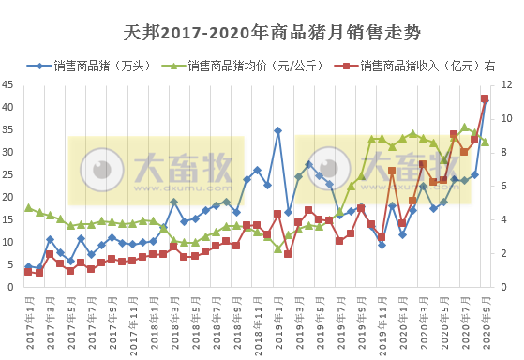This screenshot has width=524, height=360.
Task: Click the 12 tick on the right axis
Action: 507,84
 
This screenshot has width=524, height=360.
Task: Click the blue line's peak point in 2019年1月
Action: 277,130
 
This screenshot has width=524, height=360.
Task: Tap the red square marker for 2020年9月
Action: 485,98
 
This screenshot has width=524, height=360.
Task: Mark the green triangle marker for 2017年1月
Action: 29,207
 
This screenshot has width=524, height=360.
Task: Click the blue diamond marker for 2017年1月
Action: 29,267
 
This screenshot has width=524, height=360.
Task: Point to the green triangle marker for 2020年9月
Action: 485,142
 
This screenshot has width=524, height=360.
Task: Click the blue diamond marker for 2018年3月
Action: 174,202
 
